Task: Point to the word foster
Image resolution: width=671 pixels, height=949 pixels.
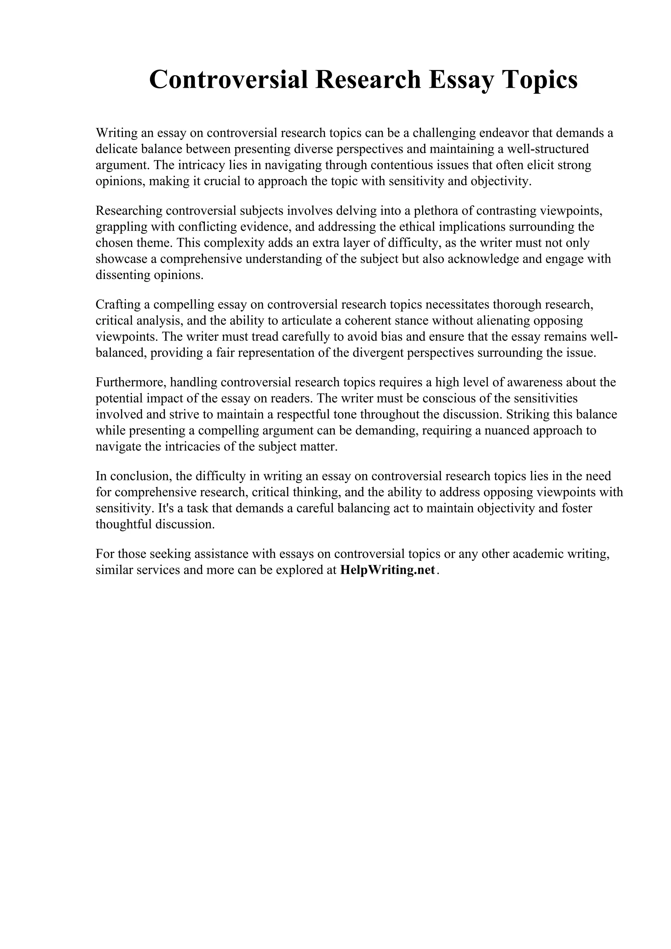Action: [576, 508]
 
